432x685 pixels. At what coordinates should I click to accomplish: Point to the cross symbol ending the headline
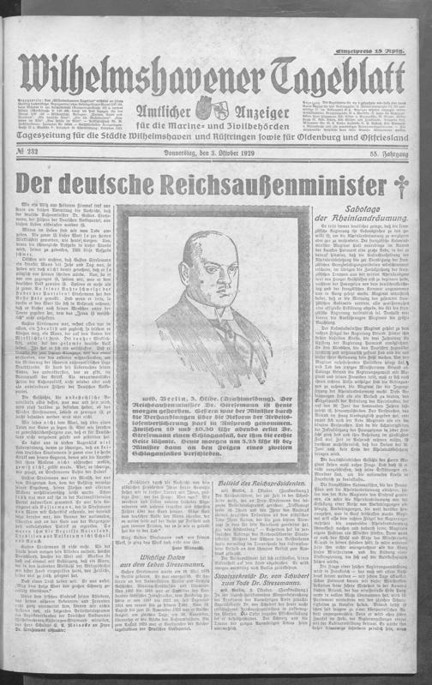click(398, 187)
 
